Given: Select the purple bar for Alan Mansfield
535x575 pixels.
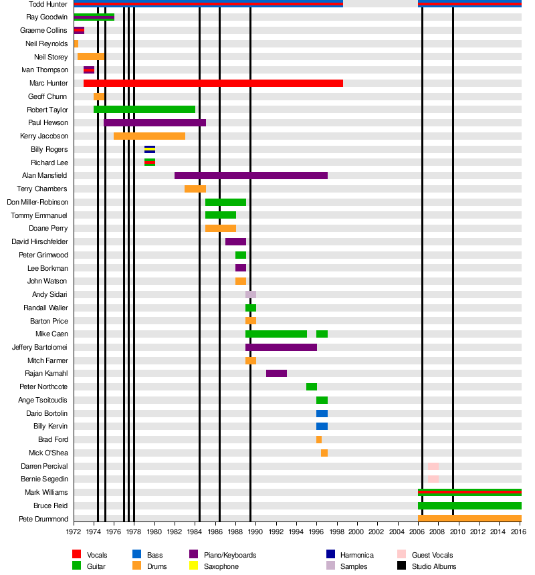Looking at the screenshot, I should [251, 176].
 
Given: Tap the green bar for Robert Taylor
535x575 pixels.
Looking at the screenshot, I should [144, 110].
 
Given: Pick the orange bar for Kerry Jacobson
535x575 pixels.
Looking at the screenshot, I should [149, 136].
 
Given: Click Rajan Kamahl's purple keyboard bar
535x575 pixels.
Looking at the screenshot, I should [276, 374].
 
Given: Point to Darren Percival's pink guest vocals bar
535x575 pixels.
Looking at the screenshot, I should [433, 466].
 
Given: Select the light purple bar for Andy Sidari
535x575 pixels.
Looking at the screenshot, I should [251, 295].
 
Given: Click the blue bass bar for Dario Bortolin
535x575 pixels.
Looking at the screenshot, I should [322, 414].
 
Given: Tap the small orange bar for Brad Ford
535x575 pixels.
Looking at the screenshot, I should [319, 440].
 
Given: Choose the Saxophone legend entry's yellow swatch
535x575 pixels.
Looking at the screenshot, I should [194, 566].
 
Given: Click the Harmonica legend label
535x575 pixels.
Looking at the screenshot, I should [357, 556].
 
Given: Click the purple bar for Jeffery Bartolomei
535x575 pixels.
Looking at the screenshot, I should [281, 348].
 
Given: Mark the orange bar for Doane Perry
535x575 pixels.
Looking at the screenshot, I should [221, 229].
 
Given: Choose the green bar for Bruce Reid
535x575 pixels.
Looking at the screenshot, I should [469, 506].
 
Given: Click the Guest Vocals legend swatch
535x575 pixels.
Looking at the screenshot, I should [401, 555].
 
